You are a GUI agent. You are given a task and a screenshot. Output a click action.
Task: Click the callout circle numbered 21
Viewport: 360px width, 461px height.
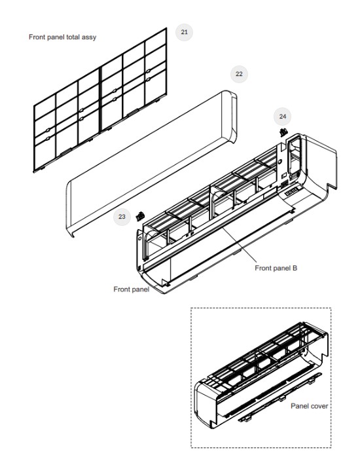[x=185, y=32]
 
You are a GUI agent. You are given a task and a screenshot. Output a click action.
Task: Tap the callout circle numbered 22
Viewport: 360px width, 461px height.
[x=239, y=74]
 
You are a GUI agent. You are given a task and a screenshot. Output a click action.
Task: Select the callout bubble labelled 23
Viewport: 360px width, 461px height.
[x=122, y=217]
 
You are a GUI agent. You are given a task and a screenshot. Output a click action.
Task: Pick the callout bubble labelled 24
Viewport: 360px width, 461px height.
[x=282, y=117]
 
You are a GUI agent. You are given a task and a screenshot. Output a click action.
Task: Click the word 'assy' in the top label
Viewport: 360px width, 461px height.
[x=89, y=37]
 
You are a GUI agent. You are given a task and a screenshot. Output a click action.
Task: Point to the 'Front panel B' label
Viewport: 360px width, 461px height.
[x=276, y=268]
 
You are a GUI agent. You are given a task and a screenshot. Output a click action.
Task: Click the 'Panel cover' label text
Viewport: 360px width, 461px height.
[x=309, y=406]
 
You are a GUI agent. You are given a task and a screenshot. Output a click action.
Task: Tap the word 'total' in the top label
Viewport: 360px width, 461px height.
[x=73, y=37]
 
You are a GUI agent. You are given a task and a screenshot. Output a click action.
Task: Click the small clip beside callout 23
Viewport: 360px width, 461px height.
[x=140, y=216]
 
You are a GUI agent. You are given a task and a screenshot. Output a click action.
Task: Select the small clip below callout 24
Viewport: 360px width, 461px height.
[x=283, y=132]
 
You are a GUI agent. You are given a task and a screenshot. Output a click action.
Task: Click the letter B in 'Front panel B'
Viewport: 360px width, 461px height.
[x=295, y=268]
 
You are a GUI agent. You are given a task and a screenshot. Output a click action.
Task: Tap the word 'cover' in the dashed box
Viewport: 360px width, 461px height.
[x=319, y=406]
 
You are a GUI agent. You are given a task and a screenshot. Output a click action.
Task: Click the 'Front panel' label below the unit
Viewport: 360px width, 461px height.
[x=131, y=289]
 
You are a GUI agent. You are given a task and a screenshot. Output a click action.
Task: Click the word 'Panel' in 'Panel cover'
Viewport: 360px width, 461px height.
[x=299, y=406]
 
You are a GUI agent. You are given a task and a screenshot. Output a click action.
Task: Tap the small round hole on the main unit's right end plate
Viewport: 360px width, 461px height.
[x=279, y=162]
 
